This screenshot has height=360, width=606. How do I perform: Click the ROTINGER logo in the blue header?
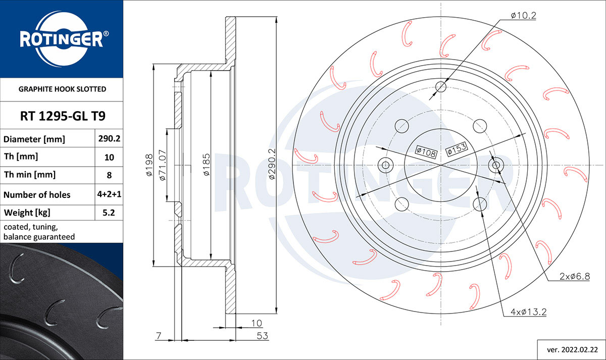(x=64, y=39)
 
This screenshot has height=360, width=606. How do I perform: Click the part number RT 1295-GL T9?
(x=63, y=116)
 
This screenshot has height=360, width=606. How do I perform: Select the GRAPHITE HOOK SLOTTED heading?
(x=62, y=89)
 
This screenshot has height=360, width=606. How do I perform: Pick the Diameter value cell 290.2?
(x=109, y=138)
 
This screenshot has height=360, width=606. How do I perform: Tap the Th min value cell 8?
(x=109, y=175)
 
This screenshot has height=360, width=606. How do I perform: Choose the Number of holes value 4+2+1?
(x=109, y=194)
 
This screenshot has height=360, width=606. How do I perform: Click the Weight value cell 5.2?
(x=109, y=213)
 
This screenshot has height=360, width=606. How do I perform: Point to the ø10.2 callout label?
(x=523, y=16)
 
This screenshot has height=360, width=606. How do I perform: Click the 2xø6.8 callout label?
(x=575, y=276)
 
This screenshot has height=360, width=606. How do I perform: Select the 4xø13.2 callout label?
(x=528, y=312)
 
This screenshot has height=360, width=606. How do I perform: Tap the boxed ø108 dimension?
(x=426, y=152)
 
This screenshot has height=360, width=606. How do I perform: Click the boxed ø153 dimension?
(x=457, y=149)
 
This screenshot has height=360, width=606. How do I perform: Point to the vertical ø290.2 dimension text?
(x=272, y=164)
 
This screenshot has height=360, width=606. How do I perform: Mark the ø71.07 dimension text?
(x=162, y=165)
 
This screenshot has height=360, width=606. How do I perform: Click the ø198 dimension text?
(x=149, y=165)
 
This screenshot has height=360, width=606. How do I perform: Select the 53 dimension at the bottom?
(x=262, y=336)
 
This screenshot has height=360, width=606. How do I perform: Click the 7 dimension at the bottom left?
(x=159, y=336)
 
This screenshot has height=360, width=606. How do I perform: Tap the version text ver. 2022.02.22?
(x=572, y=350)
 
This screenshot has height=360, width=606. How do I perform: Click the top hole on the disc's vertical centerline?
(x=441, y=87)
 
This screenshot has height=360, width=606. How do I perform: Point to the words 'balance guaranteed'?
(x=39, y=237)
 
